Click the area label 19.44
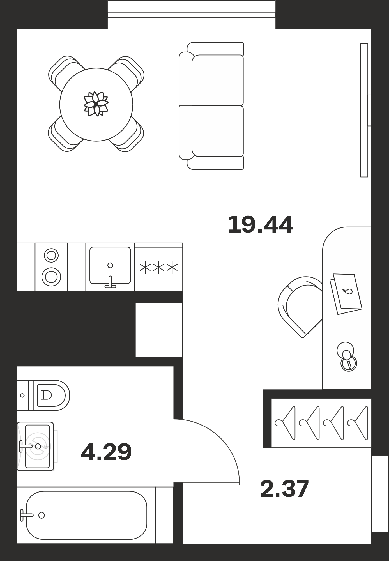click(260, 224)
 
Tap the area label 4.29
click(106, 452)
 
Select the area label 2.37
click(284, 489)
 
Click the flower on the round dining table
click(96, 104)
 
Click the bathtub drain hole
click(42, 515)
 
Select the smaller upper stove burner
click(51, 256)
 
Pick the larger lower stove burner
click(51, 277)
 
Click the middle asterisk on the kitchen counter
click(159, 268)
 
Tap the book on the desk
click(346, 294)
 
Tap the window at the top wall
click(192, 15)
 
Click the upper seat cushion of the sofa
click(217, 80)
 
